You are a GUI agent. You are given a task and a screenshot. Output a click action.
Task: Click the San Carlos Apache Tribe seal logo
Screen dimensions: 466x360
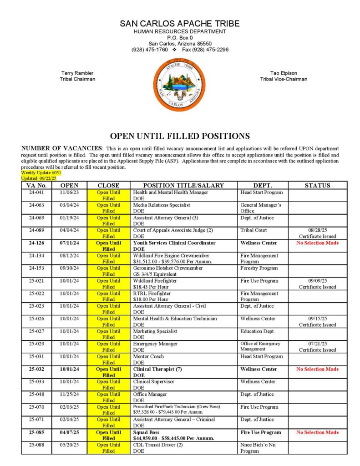tap(180, 85)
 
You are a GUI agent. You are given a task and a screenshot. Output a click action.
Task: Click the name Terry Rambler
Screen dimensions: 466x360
tap(77, 73)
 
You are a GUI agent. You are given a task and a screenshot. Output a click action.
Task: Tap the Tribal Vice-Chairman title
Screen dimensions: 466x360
tap(284, 79)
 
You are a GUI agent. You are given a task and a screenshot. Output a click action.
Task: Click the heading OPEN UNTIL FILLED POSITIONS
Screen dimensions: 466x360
tap(180, 136)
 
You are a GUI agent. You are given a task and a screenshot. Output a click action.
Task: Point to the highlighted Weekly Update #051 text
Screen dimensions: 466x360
tap(41, 173)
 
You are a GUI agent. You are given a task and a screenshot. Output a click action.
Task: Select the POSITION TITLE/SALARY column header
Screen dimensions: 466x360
tap(183, 185)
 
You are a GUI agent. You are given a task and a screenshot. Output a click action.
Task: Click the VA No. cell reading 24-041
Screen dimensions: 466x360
tap(36, 192)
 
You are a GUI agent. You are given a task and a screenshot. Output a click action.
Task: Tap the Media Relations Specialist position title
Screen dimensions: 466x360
tap(162, 205)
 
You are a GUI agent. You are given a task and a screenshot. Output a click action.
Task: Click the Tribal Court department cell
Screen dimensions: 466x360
tap(254, 230)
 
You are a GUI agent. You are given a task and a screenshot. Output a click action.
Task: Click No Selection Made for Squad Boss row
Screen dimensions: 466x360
tap(317, 432)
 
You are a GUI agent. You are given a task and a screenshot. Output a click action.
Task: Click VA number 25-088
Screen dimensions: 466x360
tap(36, 445)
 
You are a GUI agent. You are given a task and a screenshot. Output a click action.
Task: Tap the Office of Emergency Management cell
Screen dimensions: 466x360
tap(260, 346)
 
